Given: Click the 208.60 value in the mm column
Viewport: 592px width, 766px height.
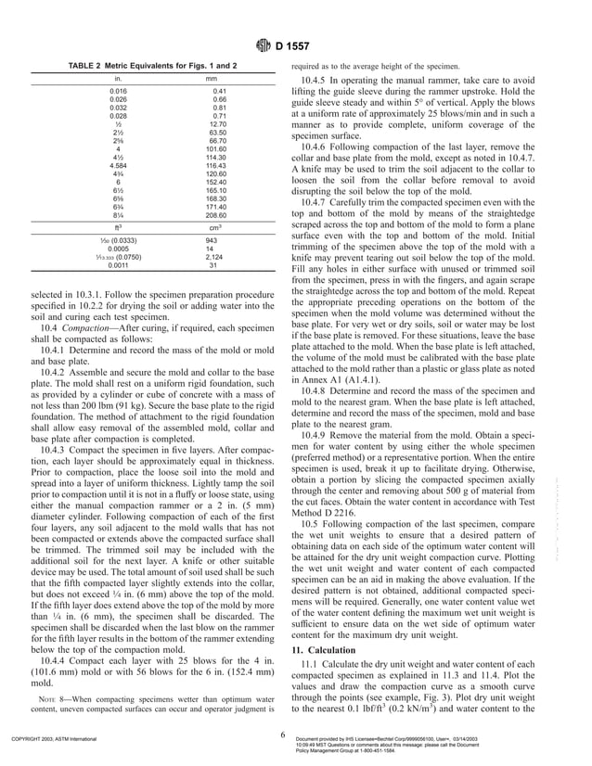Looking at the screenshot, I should [216, 214].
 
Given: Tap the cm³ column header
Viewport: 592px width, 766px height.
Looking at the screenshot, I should [212, 226].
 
